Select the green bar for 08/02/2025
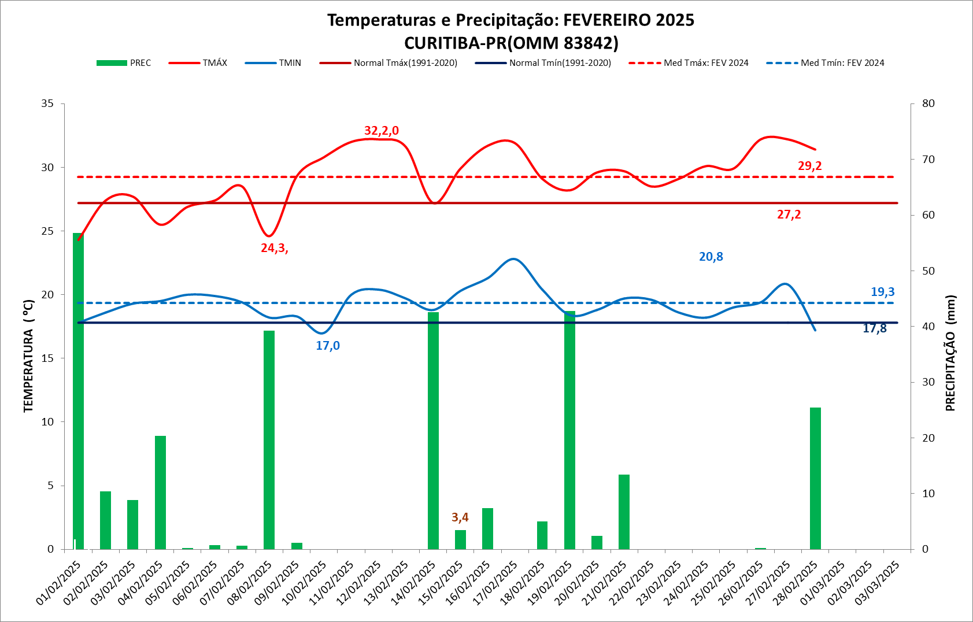coord(269,439)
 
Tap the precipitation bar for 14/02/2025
coord(433,430)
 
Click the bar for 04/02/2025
coord(160,492)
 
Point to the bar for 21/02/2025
coord(624,512)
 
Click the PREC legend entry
coord(124,63)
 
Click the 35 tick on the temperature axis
coord(47,103)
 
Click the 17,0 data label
coord(328,346)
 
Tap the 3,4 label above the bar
coord(460,517)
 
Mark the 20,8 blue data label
coord(711,257)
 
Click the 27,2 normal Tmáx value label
coord(789,214)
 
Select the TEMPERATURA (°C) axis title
coord(28,356)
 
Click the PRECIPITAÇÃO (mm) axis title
coord(950,353)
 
